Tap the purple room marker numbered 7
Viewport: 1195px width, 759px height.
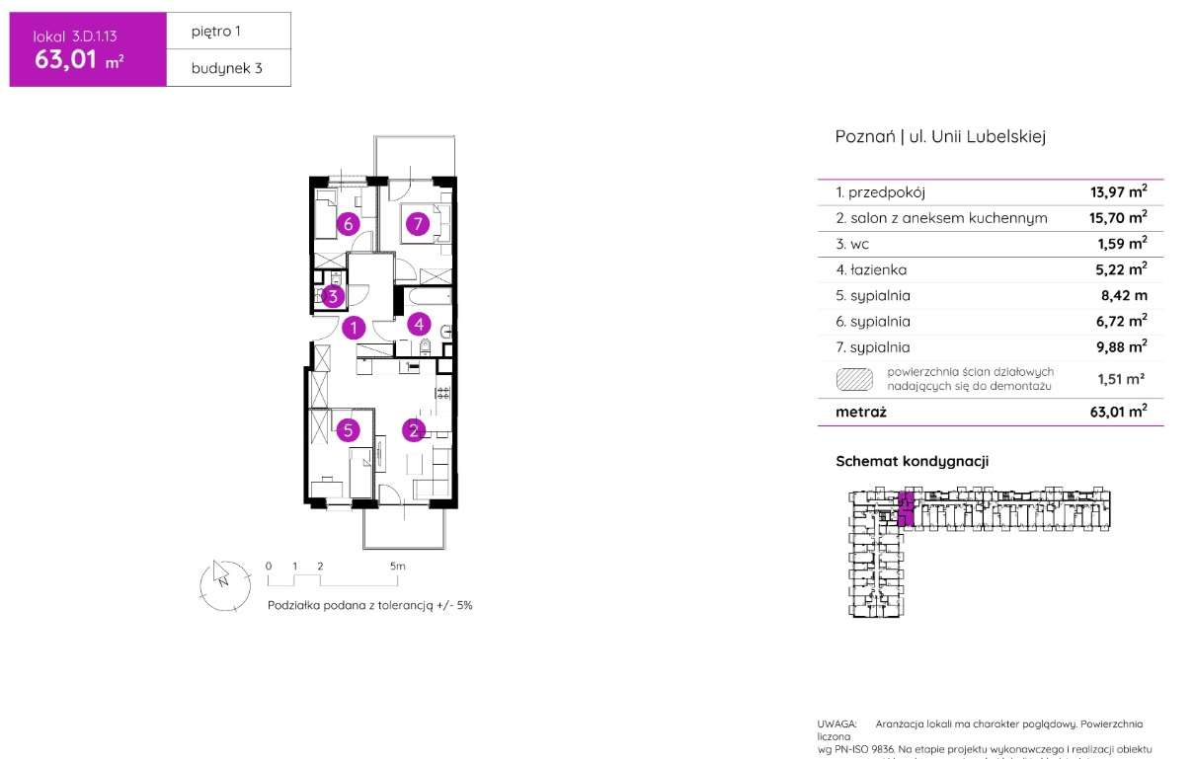(x=418, y=224)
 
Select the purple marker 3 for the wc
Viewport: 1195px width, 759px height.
(x=334, y=295)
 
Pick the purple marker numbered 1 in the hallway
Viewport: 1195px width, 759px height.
(x=355, y=327)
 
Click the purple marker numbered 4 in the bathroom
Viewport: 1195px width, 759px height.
(x=419, y=323)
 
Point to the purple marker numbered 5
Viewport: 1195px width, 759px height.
(x=347, y=429)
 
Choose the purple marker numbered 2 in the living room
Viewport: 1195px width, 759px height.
(x=414, y=429)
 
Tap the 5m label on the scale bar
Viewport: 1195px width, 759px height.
(x=397, y=567)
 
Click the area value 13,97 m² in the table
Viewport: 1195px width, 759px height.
(x=1123, y=192)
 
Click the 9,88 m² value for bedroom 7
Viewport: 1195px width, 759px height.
(x=1123, y=346)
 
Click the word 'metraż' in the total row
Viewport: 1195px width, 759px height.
(x=861, y=412)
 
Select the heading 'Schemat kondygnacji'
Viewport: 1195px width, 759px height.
(x=912, y=461)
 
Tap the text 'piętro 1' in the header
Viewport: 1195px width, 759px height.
(x=216, y=32)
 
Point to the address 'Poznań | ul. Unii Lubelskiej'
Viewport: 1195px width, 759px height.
(x=940, y=137)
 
